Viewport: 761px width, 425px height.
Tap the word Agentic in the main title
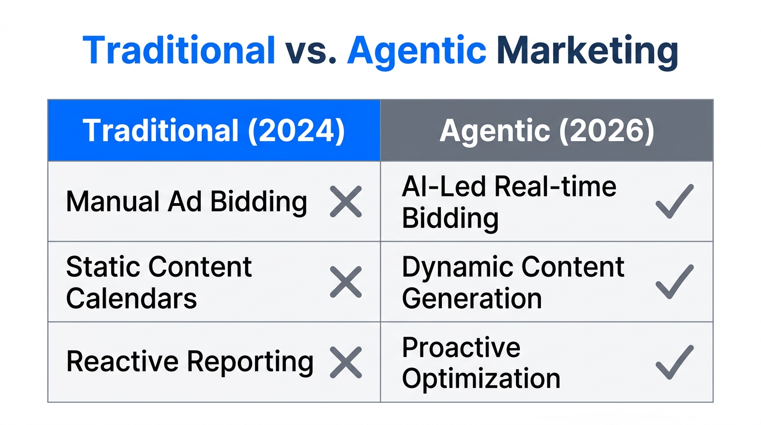(416, 51)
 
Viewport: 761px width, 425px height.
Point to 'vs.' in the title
(311, 51)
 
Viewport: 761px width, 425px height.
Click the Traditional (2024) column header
(213, 131)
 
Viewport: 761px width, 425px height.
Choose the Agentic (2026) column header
(546, 131)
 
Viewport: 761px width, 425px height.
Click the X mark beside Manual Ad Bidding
(346, 201)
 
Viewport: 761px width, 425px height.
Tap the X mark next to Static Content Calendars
(346, 282)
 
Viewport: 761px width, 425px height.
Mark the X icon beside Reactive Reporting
(346, 362)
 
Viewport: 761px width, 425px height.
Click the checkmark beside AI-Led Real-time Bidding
(674, 201)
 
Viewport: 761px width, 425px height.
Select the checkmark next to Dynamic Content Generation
(674, 282)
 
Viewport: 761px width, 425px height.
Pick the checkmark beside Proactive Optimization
(674, 362)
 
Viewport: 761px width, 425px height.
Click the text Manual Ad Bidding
(186, 201)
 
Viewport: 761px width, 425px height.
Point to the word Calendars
(132, 298)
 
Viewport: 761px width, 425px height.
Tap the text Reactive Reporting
(190, 362)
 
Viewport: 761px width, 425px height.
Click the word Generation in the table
(472, 298)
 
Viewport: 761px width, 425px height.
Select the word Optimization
(481, 379)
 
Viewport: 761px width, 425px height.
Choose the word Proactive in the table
(461, 348)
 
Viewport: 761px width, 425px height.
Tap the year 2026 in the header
(603, 131)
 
